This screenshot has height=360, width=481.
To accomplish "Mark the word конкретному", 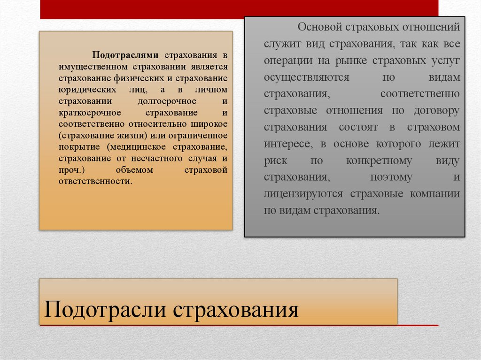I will point(379,161).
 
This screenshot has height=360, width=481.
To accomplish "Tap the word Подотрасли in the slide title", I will point(103,310).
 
